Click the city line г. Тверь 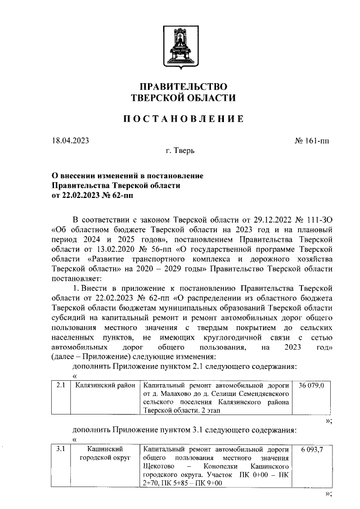[180, 151]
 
